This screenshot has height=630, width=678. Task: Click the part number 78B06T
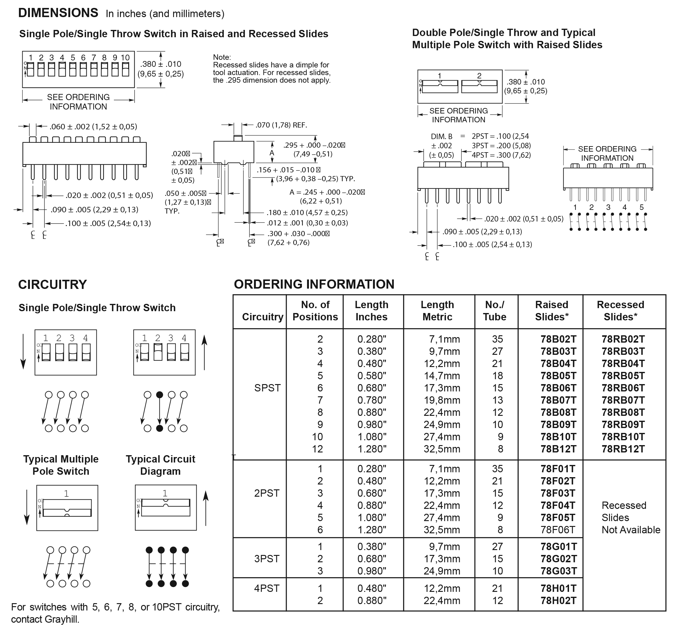pos(558,388)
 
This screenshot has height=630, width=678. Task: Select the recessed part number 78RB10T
pos(623,436)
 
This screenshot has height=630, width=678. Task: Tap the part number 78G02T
pos(558,558)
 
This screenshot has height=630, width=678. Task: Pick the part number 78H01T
pos(558,588)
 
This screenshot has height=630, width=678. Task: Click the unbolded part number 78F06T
pos(558,529)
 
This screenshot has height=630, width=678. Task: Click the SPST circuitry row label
pos(267,388)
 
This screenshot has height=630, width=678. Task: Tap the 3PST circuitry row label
pos(266,558)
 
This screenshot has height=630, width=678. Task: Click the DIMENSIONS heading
pos(58,13)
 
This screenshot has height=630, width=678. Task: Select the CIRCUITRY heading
pos(53,284)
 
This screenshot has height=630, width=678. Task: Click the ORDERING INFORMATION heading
pos(314,284)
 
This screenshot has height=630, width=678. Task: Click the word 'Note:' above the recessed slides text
pos(222,57)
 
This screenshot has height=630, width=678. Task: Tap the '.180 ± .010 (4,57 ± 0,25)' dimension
pos(307,213)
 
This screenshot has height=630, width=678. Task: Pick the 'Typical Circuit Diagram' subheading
pos(160,465)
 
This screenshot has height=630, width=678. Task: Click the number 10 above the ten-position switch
pos(125,58)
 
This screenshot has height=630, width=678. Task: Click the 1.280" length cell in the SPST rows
pos(372,449)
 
